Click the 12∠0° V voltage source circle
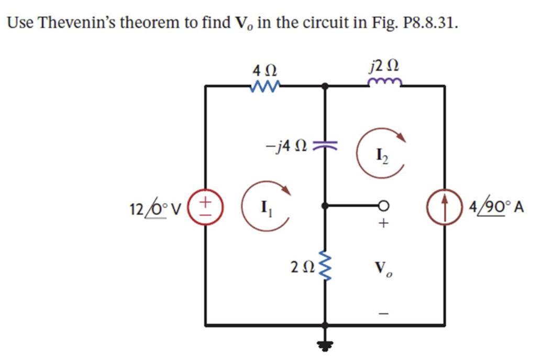click(205, 205)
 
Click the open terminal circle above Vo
click(384, 206)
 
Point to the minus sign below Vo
click(384, 313)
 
